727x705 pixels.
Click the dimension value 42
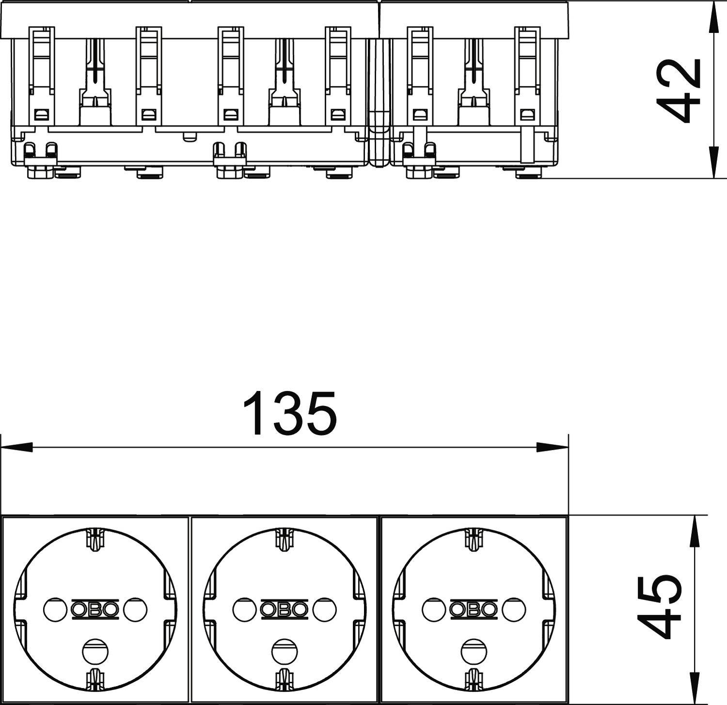tap(679, 90)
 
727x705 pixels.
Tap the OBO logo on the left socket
tap(95, 610)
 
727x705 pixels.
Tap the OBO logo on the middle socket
tap(284, 610)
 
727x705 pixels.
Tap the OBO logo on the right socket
tap(474, 610)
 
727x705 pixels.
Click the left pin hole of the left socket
tap(54, 610)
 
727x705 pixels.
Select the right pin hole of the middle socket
tap(325, 610)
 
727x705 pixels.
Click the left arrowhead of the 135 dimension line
tap(15, 447)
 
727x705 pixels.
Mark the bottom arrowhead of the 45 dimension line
tap(695, 690)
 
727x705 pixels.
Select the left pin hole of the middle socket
tap(244, 610)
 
